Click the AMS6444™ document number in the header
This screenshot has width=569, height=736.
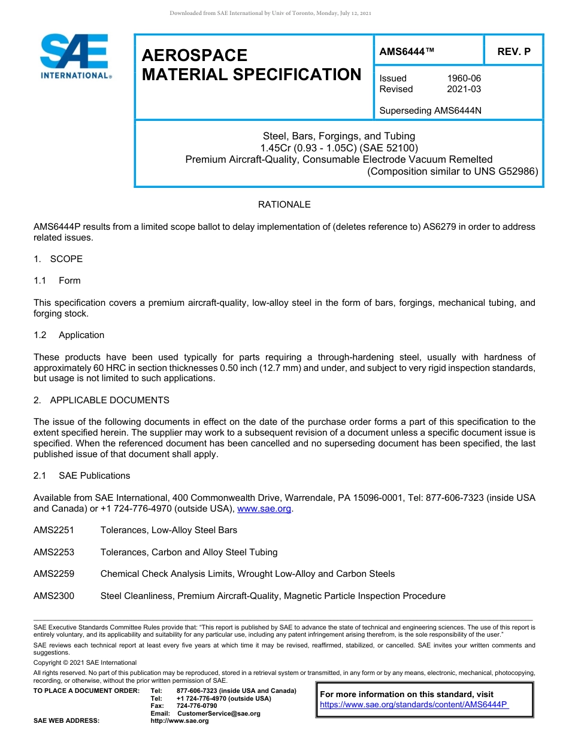click(x=407, y=52)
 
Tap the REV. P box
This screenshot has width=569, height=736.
click(x=513, y=52)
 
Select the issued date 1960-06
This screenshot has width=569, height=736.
click(x=464, y=78)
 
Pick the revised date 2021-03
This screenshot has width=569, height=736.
click(x=464, y=89)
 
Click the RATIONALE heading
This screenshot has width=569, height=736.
click(x=284, y=205)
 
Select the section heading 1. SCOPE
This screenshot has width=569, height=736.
click(x=58, y=259)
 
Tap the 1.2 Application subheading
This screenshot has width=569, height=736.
click(x=69, y=335)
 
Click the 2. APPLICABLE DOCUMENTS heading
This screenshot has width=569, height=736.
click(x=101, y=400)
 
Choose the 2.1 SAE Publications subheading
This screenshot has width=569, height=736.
click(x=82, y=476)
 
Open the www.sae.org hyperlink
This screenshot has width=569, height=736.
click(x=264, y=509)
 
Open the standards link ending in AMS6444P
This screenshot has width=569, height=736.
click(x=414, y=705)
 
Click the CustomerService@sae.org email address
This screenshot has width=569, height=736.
click(x=219, y=713)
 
